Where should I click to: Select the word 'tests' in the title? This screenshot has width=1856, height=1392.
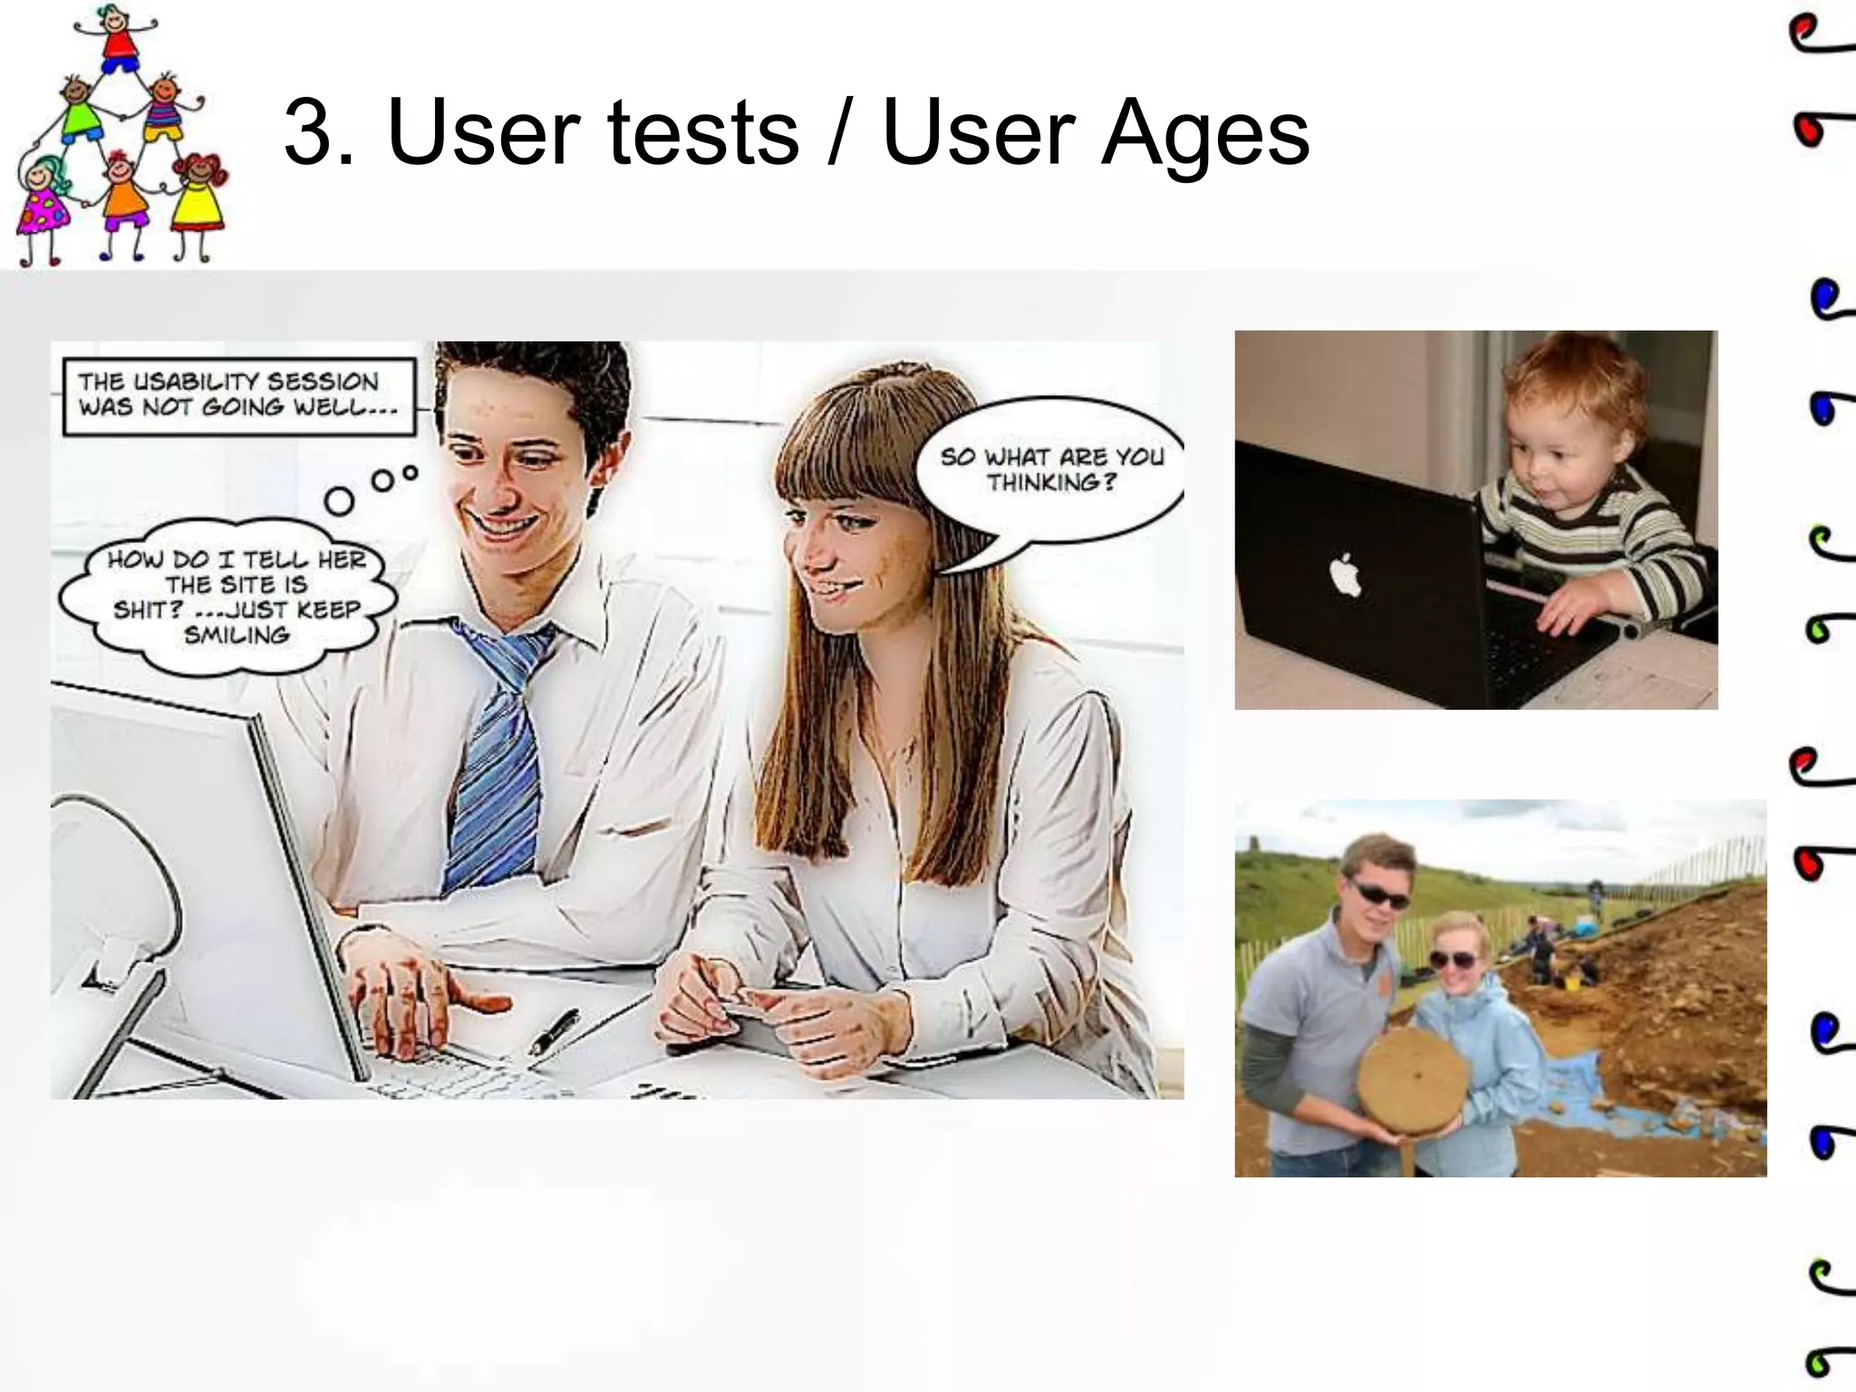tap(703, 134)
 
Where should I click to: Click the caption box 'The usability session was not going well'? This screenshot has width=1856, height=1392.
tap(238, 395)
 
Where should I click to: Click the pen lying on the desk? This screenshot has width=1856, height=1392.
tap(555, 1030)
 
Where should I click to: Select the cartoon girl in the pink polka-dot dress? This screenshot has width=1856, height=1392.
tap(42, 204)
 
